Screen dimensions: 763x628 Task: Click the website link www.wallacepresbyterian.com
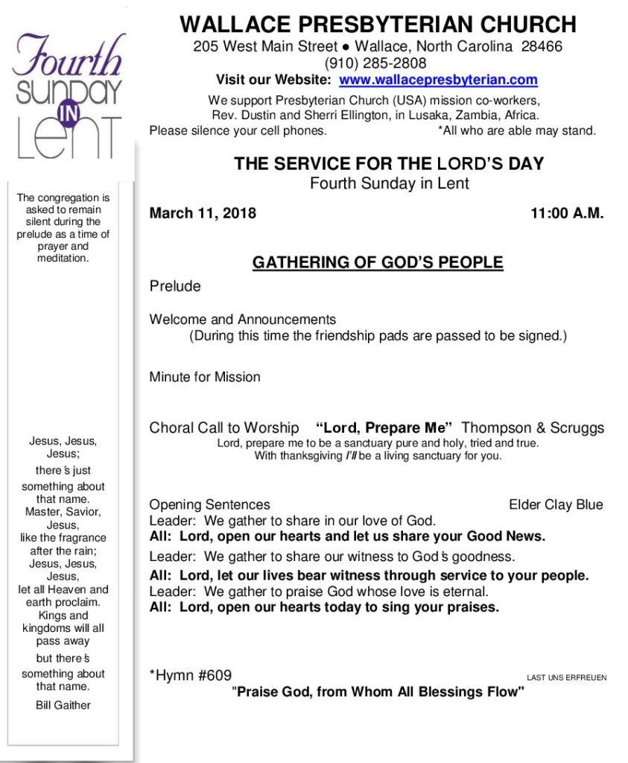438,80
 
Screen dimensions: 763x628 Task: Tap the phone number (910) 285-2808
376,63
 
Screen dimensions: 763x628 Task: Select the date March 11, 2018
203,213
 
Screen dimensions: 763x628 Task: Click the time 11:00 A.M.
567,213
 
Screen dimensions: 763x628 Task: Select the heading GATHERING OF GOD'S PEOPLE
378,262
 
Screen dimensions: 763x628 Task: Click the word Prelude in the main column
175,286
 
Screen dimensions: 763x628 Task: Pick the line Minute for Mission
205,377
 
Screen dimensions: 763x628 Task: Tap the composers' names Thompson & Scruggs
533,428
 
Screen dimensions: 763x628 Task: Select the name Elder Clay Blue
556,504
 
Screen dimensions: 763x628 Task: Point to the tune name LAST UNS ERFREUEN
566,678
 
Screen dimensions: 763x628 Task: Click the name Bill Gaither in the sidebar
63,705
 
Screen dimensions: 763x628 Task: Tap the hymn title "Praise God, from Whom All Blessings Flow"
378,692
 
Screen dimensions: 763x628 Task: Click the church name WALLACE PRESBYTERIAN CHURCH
378,25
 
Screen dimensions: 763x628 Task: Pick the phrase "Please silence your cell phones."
238,130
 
